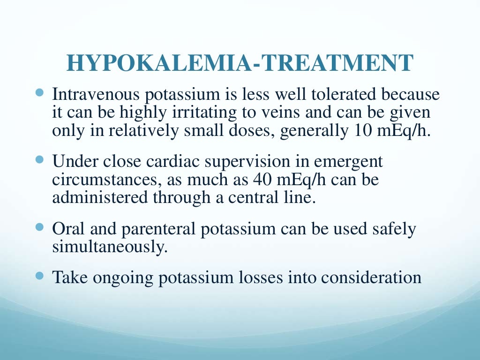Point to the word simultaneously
(x=110, y=247)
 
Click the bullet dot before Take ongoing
(x=39, y=276)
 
